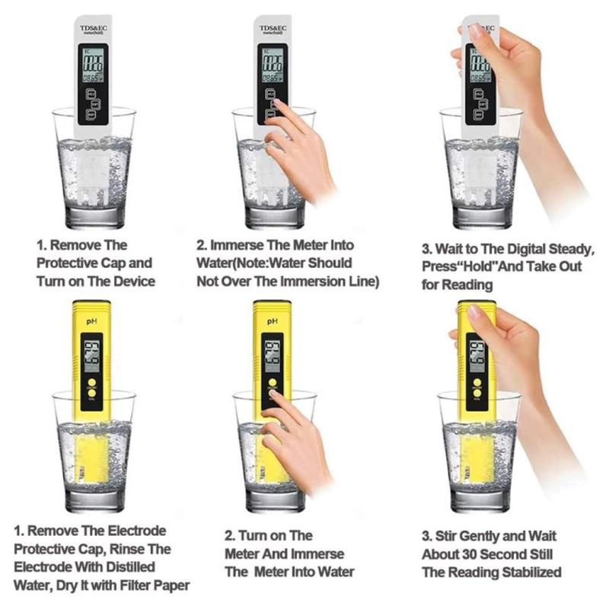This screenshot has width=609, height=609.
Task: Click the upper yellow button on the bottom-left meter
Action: click(91, 383)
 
